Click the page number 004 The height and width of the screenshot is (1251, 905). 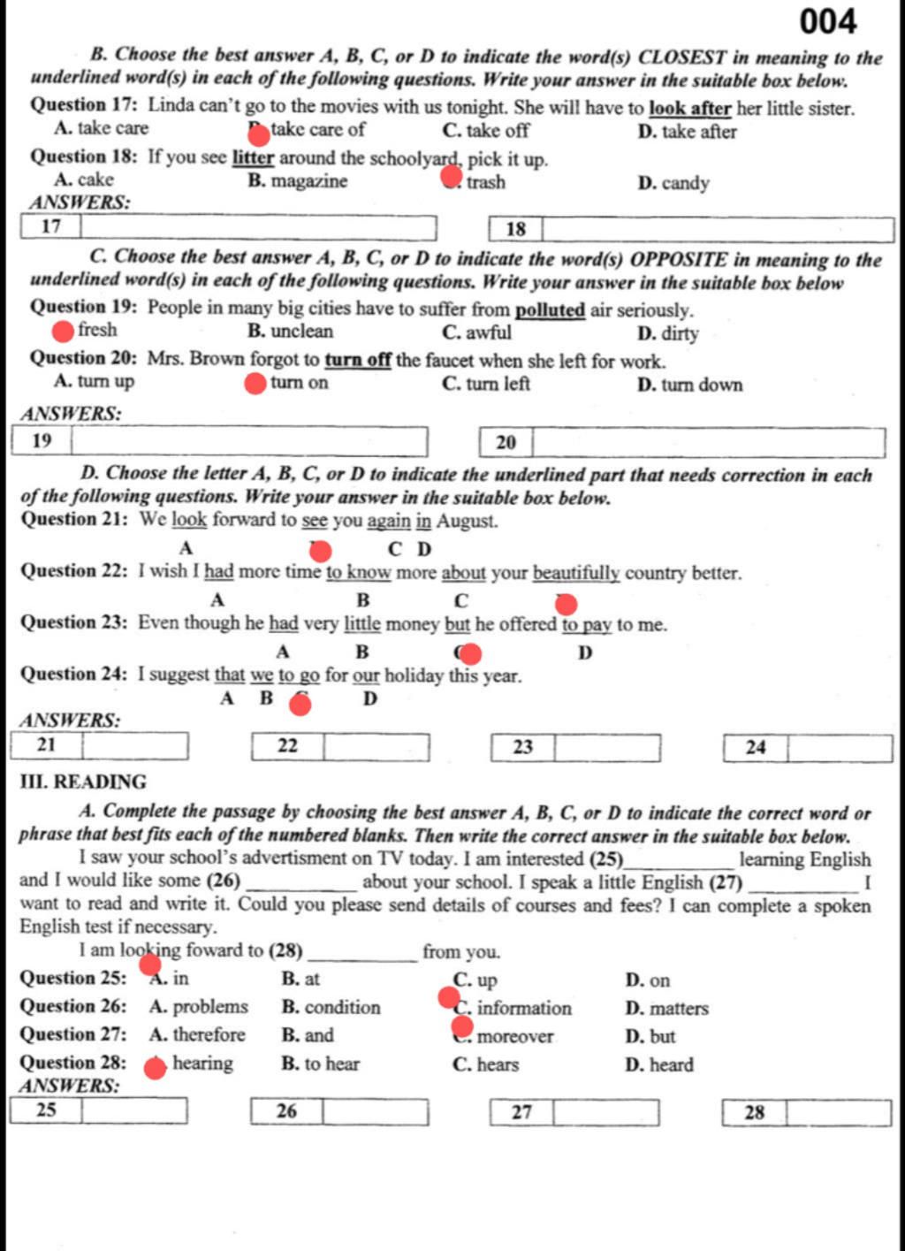pyautogui.click(x=828, y=21)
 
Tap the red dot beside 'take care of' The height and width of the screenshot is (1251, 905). pyautogui.click(x=258, y=134)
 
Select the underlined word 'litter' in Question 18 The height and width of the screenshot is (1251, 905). pyautogui.click(x=254, y=158)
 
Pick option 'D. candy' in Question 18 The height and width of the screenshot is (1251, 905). pyautogui.click(x=673, y=184)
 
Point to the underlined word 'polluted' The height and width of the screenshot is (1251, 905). pyautogui.click(x=550, y=310)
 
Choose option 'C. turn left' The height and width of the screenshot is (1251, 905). pyautogui.click(x=486, y=384)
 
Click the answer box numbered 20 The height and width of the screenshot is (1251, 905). pyautogui.click(x=707, y=442)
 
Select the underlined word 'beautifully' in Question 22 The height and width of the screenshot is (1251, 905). pyautogui.click(x=576, y=573)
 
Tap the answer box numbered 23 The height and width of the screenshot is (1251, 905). pyautogui.click(x=606, y=748)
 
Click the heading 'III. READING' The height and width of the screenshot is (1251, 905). pyautogui.click(x=83, y=782)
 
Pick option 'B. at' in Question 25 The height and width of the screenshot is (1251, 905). pyautogui.click(x=300, y=979)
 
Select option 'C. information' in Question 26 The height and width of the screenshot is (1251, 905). pyautogui.click(x=513, y=1008)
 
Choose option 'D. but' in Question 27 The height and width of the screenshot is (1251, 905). pyautogui.click(x=650, y=1036)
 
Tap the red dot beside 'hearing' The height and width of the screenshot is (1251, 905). pyautogui.click(x=156, y=1067)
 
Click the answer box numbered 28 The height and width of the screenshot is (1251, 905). pyautogui.click(x=838, y=1112)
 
